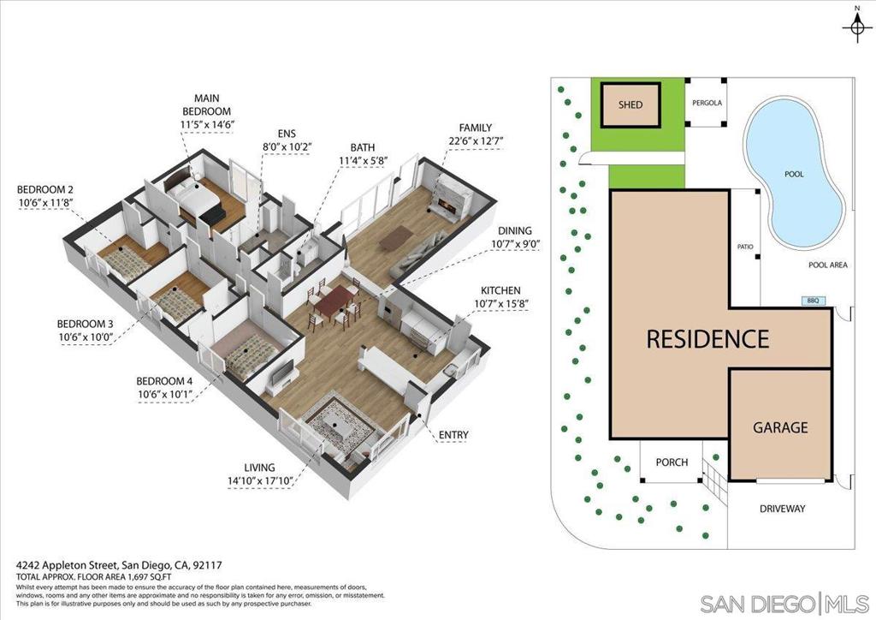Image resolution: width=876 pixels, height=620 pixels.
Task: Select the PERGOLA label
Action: coord(707,104)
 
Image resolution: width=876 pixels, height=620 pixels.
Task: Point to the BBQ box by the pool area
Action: coord(812,301)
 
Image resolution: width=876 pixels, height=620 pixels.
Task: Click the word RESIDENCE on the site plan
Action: coord(707,338)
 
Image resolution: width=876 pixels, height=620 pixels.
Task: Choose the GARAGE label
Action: coord(779,426)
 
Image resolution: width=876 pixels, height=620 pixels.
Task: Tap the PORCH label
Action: coord(672,462)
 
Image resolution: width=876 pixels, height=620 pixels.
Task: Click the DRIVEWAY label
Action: coord(782,509)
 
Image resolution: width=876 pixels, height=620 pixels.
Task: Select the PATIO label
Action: coord(745,247)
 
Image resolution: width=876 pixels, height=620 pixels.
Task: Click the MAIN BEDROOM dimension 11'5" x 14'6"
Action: coord(207,125)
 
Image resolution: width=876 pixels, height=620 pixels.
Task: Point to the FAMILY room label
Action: coord(475,128)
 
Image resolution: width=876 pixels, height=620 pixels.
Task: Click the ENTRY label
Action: coord(453,435)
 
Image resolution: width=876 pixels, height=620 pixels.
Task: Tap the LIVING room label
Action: coord(259,468)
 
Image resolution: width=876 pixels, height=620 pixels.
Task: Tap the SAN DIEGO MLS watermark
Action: coord(784,603)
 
